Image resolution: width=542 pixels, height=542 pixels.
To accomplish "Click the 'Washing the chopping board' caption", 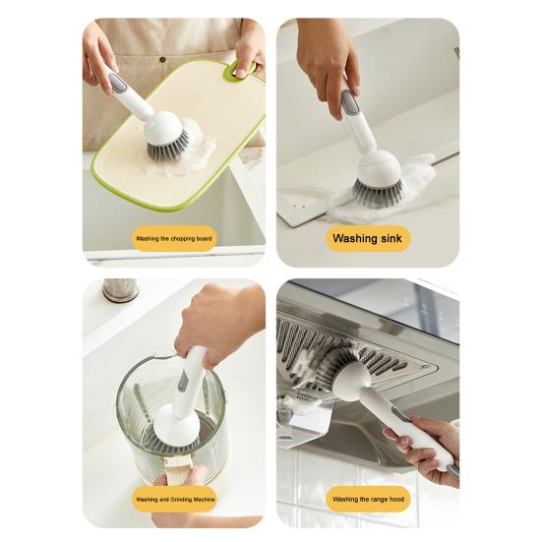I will pyautogui.click(x=173, y=238).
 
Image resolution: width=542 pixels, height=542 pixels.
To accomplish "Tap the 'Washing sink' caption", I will pyautogui.click(x=368, y=238).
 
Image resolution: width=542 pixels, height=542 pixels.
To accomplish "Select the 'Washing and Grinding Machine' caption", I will pyautogui.click(x=173, y=499).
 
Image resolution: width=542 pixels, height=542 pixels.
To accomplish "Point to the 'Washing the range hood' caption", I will pyautogui.click(x=367, y=499).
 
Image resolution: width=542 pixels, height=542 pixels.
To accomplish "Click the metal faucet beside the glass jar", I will pyautogui.click(x=120, y=290).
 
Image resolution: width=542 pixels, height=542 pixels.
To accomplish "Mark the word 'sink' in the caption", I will pyautogui.click(x=389, y=238).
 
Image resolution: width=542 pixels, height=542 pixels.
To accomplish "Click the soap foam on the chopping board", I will pyautogui.click(x=202, y=152).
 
